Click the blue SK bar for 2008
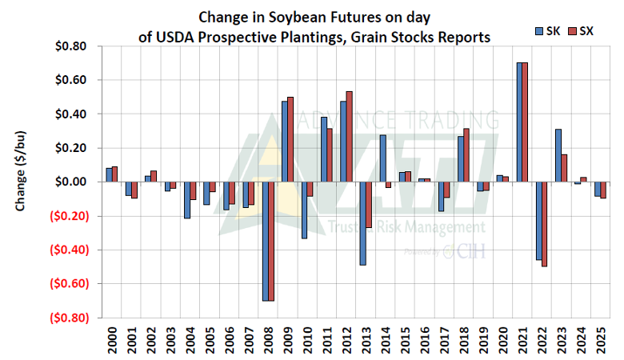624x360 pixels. tap(265, 241)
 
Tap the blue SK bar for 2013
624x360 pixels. tap(363, 223)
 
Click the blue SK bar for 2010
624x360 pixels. tap(304, 210)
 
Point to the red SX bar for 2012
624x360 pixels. tap(349, 137)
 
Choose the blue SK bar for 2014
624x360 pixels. tap(382, 158)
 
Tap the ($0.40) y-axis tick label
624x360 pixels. tap(71, 250)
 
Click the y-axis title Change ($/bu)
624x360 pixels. tap(19, 182)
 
